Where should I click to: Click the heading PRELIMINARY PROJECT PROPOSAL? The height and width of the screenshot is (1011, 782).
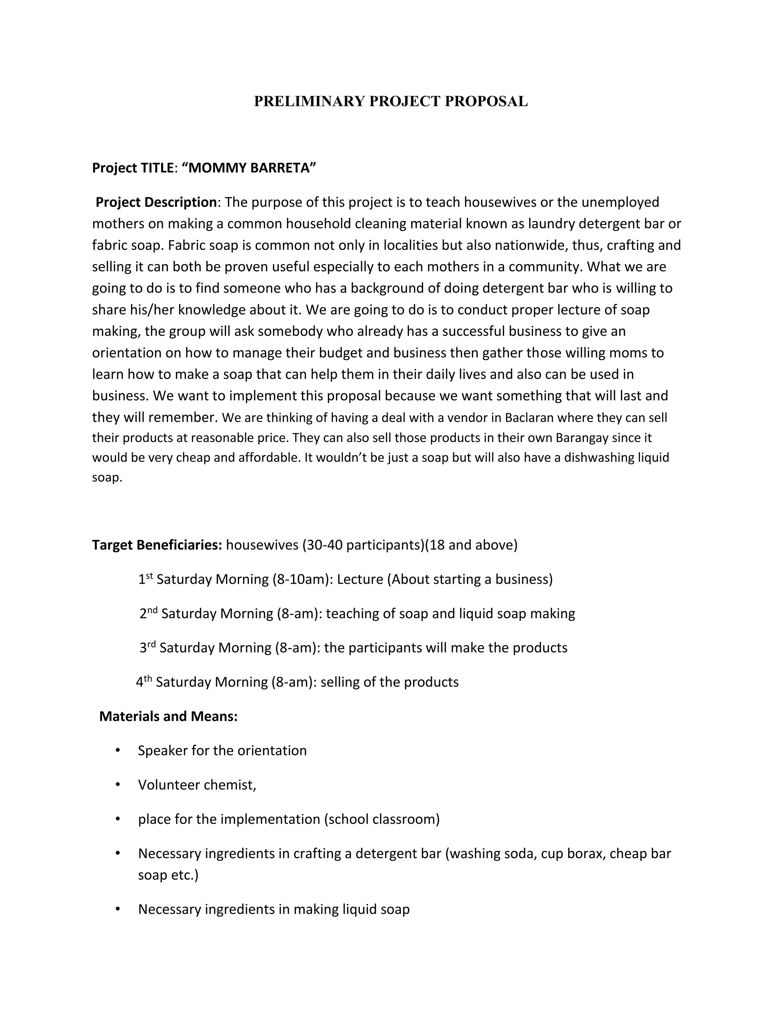pos(391,101)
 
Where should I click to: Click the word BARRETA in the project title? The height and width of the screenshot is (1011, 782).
pos(282,167)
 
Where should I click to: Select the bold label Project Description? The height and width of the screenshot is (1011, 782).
pos(156,202)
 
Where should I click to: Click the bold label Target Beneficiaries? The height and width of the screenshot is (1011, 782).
pos(157,545)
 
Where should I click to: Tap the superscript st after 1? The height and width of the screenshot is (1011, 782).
pos(150,576)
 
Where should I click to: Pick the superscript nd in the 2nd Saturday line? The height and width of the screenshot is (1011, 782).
pos(152,610)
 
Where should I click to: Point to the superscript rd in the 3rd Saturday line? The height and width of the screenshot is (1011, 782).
pos(152,644)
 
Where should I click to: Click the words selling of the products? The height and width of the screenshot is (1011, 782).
pos(389,682)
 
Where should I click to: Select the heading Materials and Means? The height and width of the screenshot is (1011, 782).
pos(168,716)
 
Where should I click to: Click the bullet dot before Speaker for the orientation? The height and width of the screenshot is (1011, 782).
pos(118,750)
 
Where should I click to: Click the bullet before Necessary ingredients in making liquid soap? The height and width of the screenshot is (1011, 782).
pos(118,909)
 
